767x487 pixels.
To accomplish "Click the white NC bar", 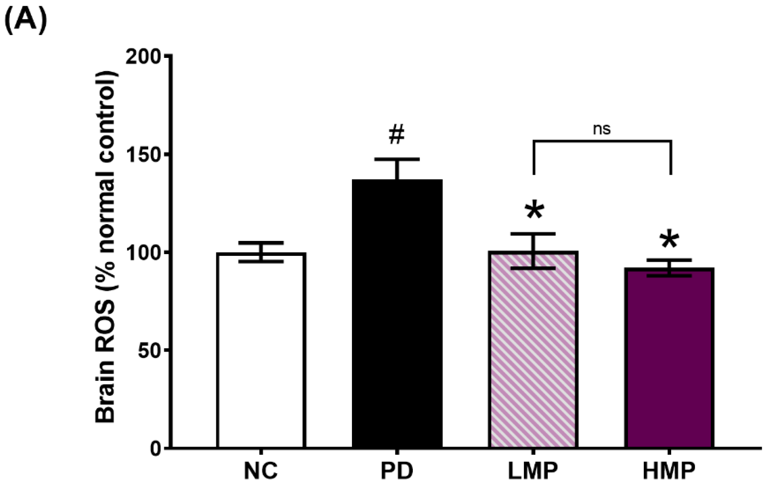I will tap(261, 349).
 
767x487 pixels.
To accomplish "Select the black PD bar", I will tap(397, 313).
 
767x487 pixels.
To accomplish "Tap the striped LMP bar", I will tap(533, 349).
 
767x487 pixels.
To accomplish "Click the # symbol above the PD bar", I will tap(397, 135).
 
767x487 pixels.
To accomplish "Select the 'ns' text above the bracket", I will tap(602, 129).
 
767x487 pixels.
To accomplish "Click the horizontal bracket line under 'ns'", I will tap(602, 141).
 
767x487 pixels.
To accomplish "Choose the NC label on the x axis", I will tap(261, 471).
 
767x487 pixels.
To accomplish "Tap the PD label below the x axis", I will tap(397, 471).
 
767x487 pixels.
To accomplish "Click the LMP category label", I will tap(533, 471).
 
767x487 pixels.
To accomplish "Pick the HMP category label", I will tap(669, 471).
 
